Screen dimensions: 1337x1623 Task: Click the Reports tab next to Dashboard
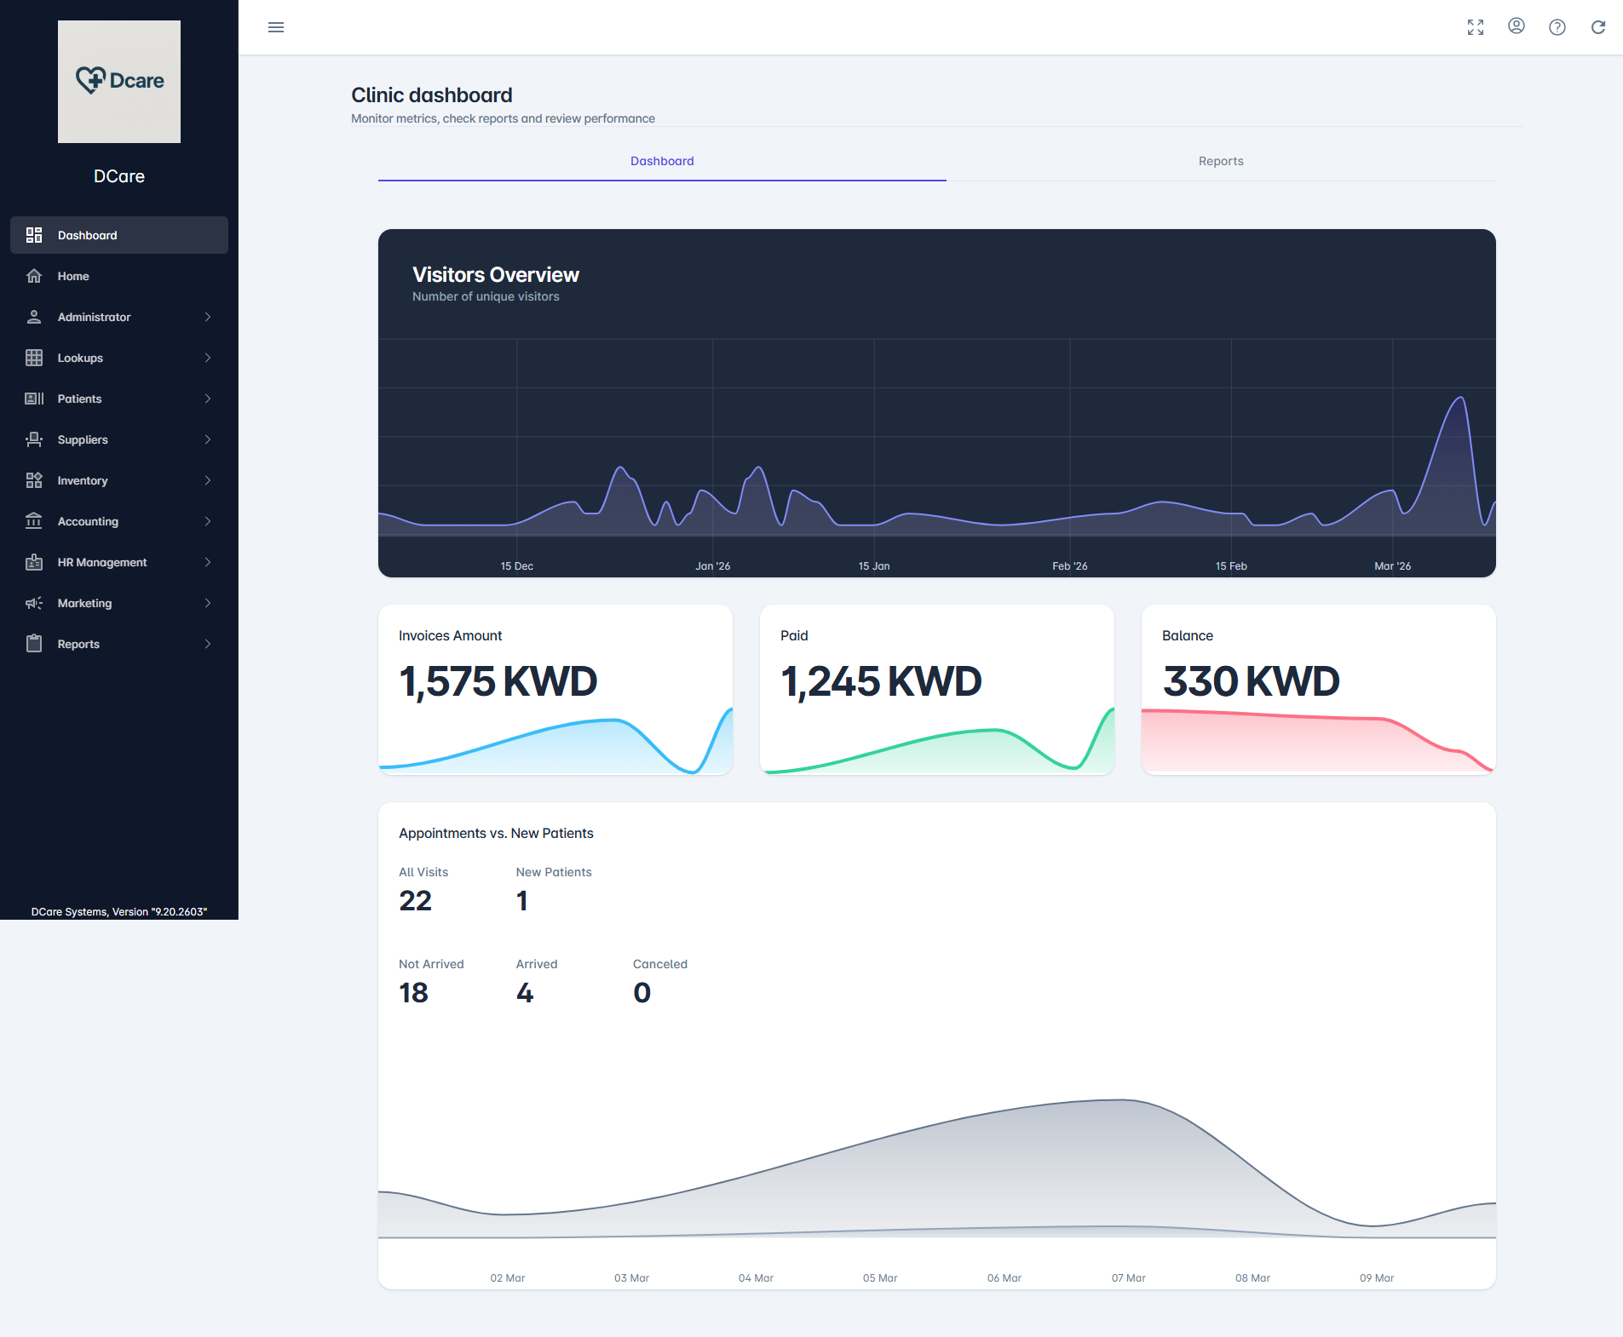(x=1220, y=161)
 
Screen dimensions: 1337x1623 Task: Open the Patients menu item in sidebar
(x=79, y=399)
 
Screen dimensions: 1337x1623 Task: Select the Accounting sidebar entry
(x=88, y=521)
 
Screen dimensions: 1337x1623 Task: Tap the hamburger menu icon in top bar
(x=276, y=27)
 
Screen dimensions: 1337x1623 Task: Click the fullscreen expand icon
(x=1476, y=27)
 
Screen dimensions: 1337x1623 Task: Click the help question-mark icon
(x=1557, y=27)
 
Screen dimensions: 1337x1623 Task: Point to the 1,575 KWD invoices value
(x=498, y=681)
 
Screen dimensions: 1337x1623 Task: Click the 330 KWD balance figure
(x=1250, y=681)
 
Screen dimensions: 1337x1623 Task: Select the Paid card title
(x=793, y=635)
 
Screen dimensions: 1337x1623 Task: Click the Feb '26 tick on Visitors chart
(x=1069, y=566)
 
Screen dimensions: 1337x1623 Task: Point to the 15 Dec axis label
(x=516, y=566)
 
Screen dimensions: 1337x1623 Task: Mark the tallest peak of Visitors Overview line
(x=1461, y=398)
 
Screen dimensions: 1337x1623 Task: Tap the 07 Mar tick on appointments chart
(x=1128, y=1277)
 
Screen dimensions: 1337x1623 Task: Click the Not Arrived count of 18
(x=413, y=993)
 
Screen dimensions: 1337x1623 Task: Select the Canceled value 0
(x=642, y=993)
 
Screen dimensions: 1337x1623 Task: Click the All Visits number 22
(x=415, y=901)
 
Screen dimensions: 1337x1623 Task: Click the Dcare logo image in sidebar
(x=119, y=82)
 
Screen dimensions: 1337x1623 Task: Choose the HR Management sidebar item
(x=101, y=562)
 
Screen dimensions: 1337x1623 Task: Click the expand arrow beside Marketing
(x=208, y=603)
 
